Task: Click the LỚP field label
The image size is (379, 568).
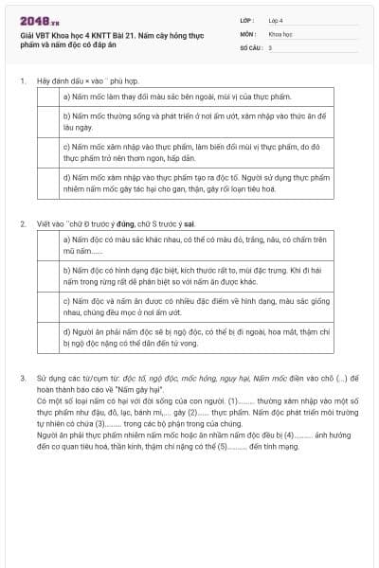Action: [x=247, y=20]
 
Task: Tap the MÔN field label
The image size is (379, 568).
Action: [x=247, y=33]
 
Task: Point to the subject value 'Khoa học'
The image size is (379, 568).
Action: [x=280, y=33]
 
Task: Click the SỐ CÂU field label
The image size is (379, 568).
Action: [x=251, y=46]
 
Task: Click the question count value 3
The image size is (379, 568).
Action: [x=270, y=46]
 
